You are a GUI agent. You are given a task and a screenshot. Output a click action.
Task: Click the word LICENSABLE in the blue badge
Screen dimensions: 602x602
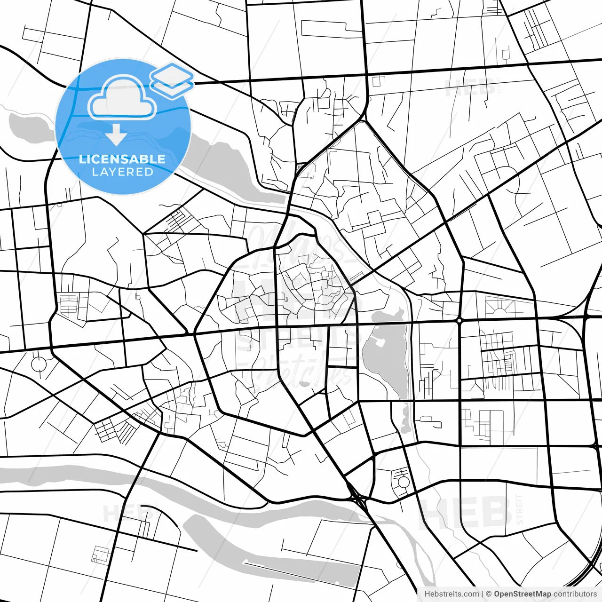[x=122, y=159]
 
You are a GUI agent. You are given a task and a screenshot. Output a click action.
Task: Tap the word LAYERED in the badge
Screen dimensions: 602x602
[x=122, y=172]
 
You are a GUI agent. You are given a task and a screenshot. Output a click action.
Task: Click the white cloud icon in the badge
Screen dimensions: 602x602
[x=122, y=98]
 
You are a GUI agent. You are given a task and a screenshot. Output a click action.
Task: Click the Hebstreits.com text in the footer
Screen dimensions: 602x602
[x=451, y=594]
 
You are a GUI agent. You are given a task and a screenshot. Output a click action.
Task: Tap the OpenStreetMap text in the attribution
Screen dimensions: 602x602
[x=523, y=594]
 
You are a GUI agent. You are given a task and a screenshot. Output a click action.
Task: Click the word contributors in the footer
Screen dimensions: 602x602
[x=575, y=594]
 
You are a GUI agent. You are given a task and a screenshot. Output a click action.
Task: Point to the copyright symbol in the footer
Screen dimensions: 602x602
[x=489, y=594]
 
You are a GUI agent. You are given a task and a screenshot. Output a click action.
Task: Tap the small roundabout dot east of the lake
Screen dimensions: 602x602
[x=459, y=320]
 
